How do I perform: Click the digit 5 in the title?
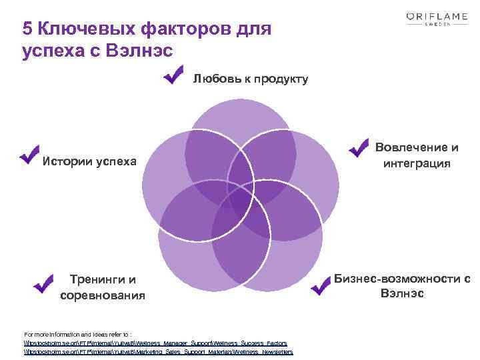pyautogui.click(x=27, y=29)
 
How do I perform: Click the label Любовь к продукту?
pyautogui.click(x=251, y=79)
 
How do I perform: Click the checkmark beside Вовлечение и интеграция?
pyautogui.click(x=359, y=147)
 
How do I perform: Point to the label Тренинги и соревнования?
pyautogui.click(x=102, y=287)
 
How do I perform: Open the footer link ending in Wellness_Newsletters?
pyautogui.click(x=158, y=351)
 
